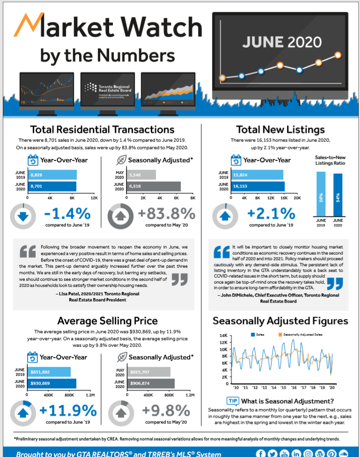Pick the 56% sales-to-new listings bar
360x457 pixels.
(x=321, y=193)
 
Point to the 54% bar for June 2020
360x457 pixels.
(x=338, y=194)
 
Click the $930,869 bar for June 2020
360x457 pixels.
(x=51, y=384)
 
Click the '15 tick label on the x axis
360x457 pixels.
(x=283, y=388)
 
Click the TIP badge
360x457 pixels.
(x=233, y=401)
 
